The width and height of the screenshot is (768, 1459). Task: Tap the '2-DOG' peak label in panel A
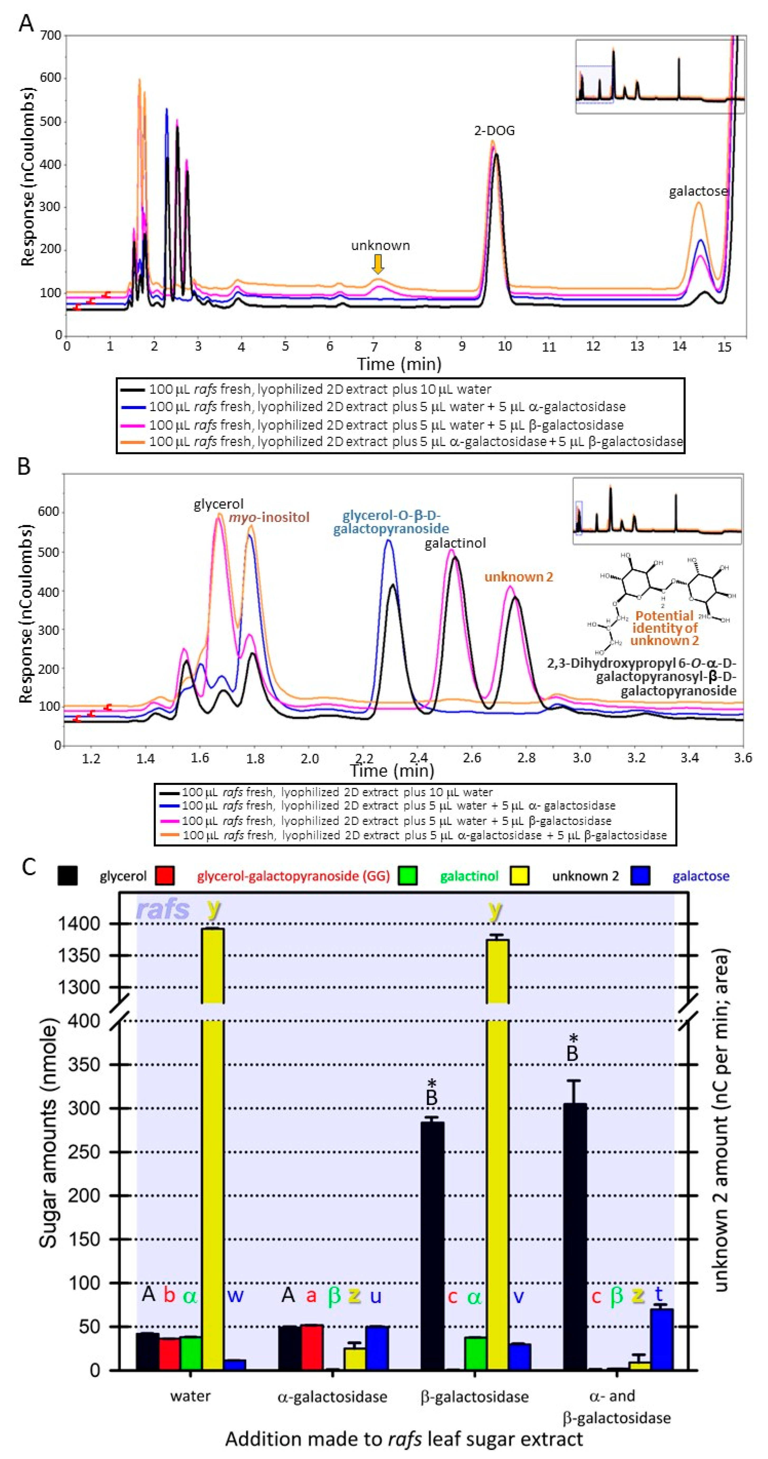click(494, 131)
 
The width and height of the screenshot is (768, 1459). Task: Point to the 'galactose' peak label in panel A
click(698, 191)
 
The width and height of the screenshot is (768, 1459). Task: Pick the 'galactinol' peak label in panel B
click(455, 543)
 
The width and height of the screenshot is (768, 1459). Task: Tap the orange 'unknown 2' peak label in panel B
click(518, 577)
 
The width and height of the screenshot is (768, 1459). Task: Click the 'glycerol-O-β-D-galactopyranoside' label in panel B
click(391, 522)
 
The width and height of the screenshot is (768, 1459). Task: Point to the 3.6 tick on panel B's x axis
click(742, 758)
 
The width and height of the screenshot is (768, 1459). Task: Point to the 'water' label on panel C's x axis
click(190, 1396)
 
